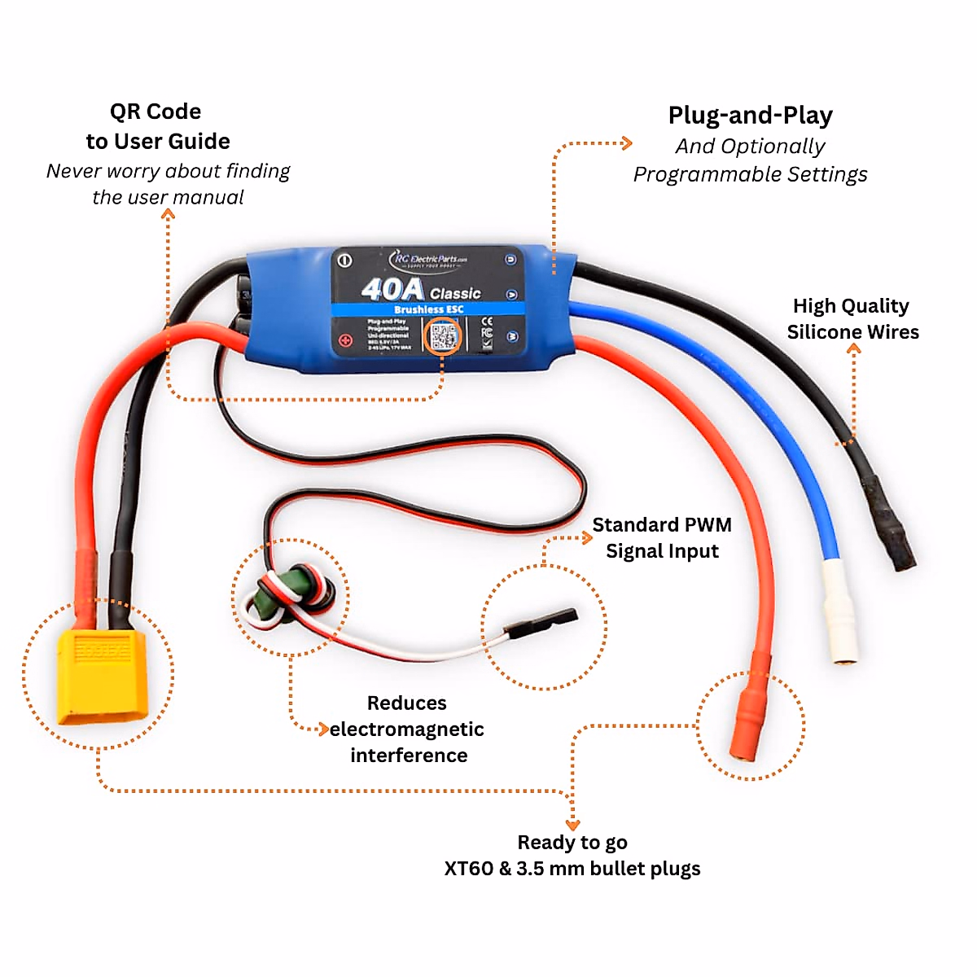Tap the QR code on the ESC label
pos(444,336)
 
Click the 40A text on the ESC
pos(392,289)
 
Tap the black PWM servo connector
pos(541,624)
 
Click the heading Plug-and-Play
pos(750,116)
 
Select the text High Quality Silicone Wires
pos(852,319)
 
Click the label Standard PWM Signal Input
pos(661,538)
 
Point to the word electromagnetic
pos(407,729)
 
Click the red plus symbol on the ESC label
pos(345,340)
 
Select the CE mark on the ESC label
pos(487,322)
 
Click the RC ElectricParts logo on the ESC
pos(429,260)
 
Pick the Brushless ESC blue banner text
pos(428,309)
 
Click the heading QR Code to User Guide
pos(157,126)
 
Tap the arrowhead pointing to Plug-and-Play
pos(627,143)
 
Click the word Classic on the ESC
pos(455,294)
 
